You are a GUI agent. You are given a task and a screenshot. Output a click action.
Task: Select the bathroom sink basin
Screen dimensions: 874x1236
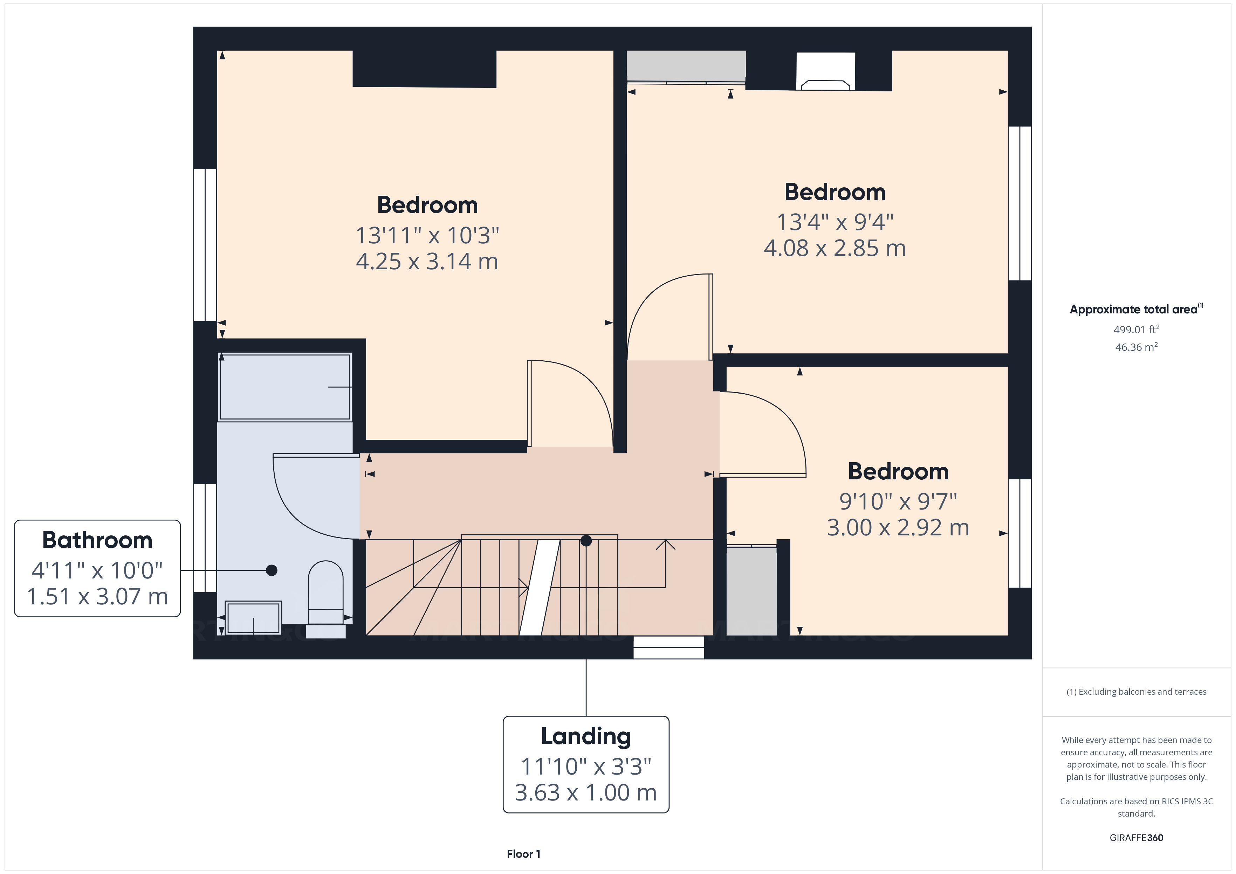[x=253, y=617]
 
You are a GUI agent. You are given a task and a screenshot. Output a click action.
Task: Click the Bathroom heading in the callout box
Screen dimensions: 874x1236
[x=97, y=540]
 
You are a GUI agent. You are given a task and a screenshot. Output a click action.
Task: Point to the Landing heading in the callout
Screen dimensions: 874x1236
[x=586, y=736]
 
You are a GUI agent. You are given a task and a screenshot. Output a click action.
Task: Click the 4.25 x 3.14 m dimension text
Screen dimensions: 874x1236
[x=427, y=262]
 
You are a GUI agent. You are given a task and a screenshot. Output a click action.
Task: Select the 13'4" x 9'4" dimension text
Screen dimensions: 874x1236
[x=835, y=222]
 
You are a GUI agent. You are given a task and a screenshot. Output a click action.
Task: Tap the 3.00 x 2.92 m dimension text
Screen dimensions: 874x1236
[x=898, y=527]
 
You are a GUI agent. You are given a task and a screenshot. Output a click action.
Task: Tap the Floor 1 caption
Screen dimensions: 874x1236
[x=523, y=854]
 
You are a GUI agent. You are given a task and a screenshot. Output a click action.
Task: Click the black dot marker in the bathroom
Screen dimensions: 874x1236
[x=272, y=570]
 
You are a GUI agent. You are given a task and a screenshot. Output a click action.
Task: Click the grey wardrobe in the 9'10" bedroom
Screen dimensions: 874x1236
[x=751, y=591]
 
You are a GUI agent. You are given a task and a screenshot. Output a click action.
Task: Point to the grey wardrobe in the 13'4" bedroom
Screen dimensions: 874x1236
[x=686, y=64]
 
